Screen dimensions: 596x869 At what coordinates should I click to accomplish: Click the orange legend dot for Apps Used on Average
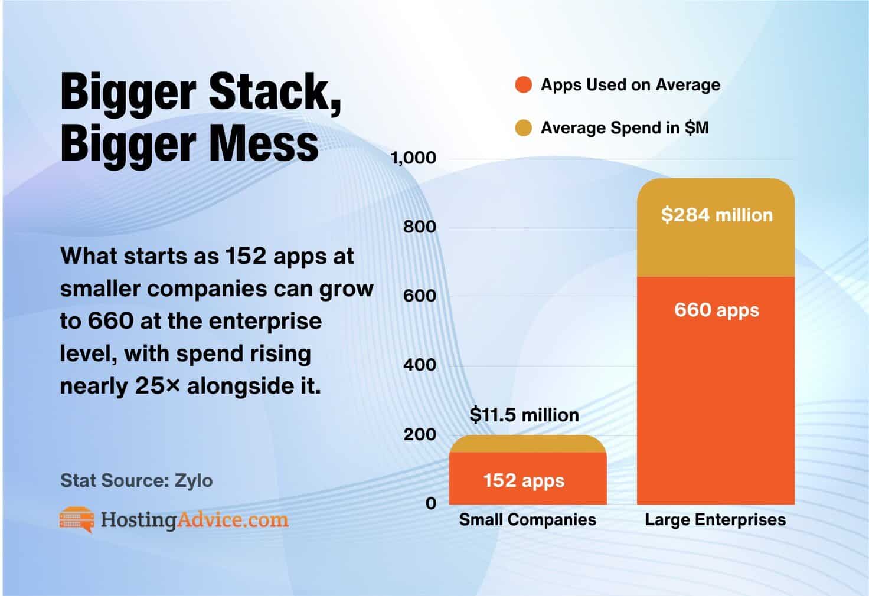click(524, 85)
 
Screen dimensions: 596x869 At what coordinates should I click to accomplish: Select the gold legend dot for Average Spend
click(524, 128)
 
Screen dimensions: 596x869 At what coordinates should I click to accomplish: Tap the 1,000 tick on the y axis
click(413, 158)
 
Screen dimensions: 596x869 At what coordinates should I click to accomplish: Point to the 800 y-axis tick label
click(420, 227)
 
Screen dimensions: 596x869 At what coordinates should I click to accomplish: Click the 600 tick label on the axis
click(420, 296)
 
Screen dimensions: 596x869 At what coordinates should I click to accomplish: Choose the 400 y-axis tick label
click(420, 365)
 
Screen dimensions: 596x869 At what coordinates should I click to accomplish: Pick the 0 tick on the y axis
click(431, 503)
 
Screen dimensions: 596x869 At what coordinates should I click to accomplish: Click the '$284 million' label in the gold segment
click(717, 215)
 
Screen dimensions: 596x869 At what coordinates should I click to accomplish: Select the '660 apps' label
click(717, 310)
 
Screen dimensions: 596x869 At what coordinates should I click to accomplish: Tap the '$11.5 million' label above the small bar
click(524, 415)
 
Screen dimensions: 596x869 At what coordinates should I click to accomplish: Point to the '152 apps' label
click(524, 480)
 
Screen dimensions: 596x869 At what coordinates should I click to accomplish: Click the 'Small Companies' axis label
click(527, 520)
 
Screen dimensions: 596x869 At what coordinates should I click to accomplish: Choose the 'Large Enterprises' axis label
click(716, 520)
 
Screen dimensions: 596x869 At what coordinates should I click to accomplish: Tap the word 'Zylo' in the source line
click(193, 480)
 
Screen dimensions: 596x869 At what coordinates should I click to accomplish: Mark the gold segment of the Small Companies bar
click(527, 444)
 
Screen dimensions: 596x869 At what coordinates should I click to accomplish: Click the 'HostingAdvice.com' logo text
click(194, 520)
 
